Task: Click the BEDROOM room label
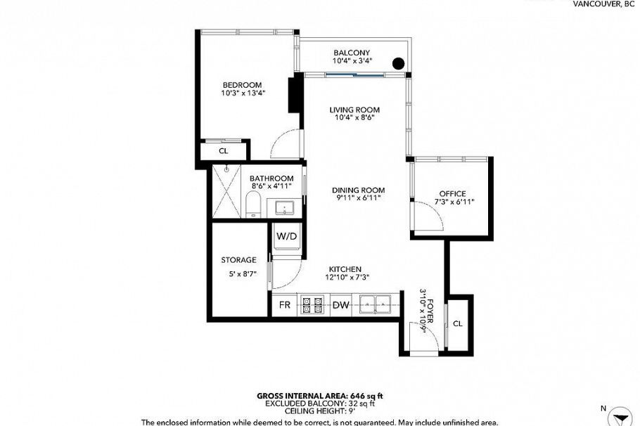(x=241, y=85)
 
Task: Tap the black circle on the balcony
(x=397, y=63)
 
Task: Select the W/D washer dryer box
(x=286, y=236)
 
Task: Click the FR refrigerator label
(x=285, y=304)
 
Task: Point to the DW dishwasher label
(x=340, y=304)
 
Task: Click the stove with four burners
(x=312, y=304)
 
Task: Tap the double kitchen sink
(x=375, y=304)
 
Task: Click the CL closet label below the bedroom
(x=223, y=151)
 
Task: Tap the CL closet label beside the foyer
(x=457, y=323)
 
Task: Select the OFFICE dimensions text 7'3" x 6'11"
(x=452, y=202)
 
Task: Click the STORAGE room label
(x=238, y=260)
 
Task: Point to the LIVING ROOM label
(x=354, y=110)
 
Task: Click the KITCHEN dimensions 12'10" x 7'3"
(x=344, y=278)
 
